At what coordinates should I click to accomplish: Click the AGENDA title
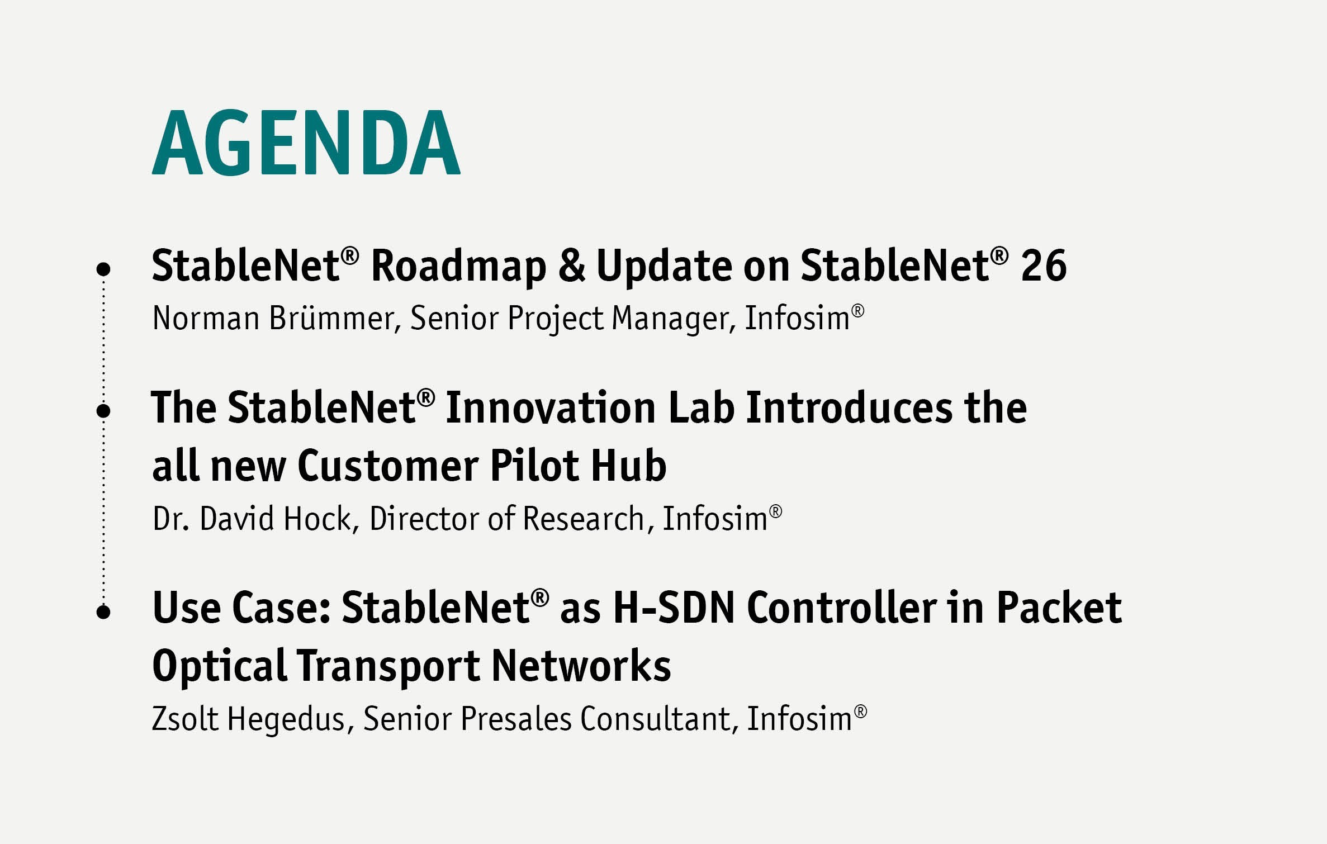pos(306,143)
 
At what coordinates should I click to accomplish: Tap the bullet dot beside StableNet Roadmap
pos(103,269)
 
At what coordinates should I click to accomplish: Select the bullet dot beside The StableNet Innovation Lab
pos(103,411)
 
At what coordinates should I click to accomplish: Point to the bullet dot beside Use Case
pos(103,611)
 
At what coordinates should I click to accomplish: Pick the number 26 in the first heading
pos(1044,265)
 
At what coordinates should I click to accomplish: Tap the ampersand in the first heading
pos(571,265)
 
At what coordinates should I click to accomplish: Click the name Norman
pos(206,318)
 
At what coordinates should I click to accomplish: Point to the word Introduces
pos(849,407)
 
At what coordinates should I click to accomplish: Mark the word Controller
pos(841,608)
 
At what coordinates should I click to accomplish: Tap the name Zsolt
pos(185,718)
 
